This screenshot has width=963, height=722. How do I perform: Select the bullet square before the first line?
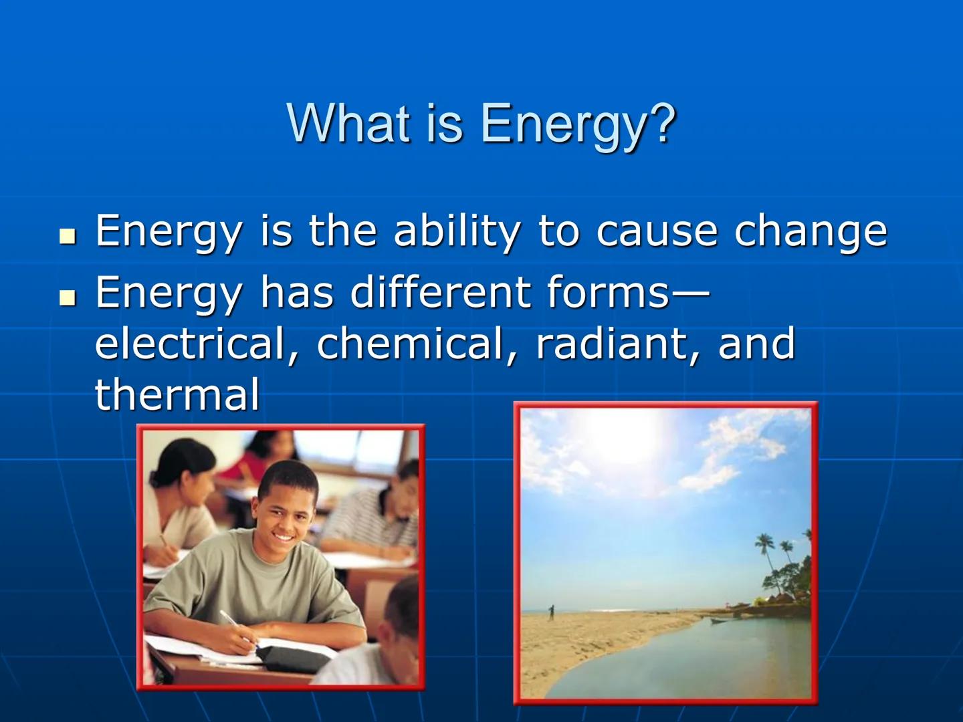pyautogui.click(x=68, y=236)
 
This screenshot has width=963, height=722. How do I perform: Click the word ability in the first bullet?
pyautogui.click(x=455, y=231)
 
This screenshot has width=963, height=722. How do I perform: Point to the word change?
pyautogui.click(x=811, y=232)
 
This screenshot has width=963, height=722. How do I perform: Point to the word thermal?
pyautogui.click(x=177, y=394)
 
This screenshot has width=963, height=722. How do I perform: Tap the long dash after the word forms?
pyautogui.click(x=689, y=293)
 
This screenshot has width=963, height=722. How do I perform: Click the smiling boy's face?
pyautogui.click(x=285, y=511)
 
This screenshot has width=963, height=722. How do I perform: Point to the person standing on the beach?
pyautogui.click(x=551, y=612)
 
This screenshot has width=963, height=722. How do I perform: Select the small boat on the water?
pyautogui.click(x=720, y=620)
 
